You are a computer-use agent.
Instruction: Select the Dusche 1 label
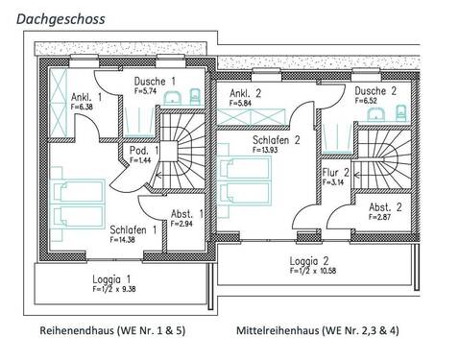(x=154, y=83)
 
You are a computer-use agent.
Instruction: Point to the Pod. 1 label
(x=141, y=151)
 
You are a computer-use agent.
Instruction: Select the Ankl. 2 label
(x=246, y=93)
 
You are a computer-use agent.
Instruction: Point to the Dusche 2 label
(x=374, y=89)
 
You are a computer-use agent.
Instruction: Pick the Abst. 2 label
(x=385, y=206)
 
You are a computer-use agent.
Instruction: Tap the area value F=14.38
(x=124, y=240)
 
